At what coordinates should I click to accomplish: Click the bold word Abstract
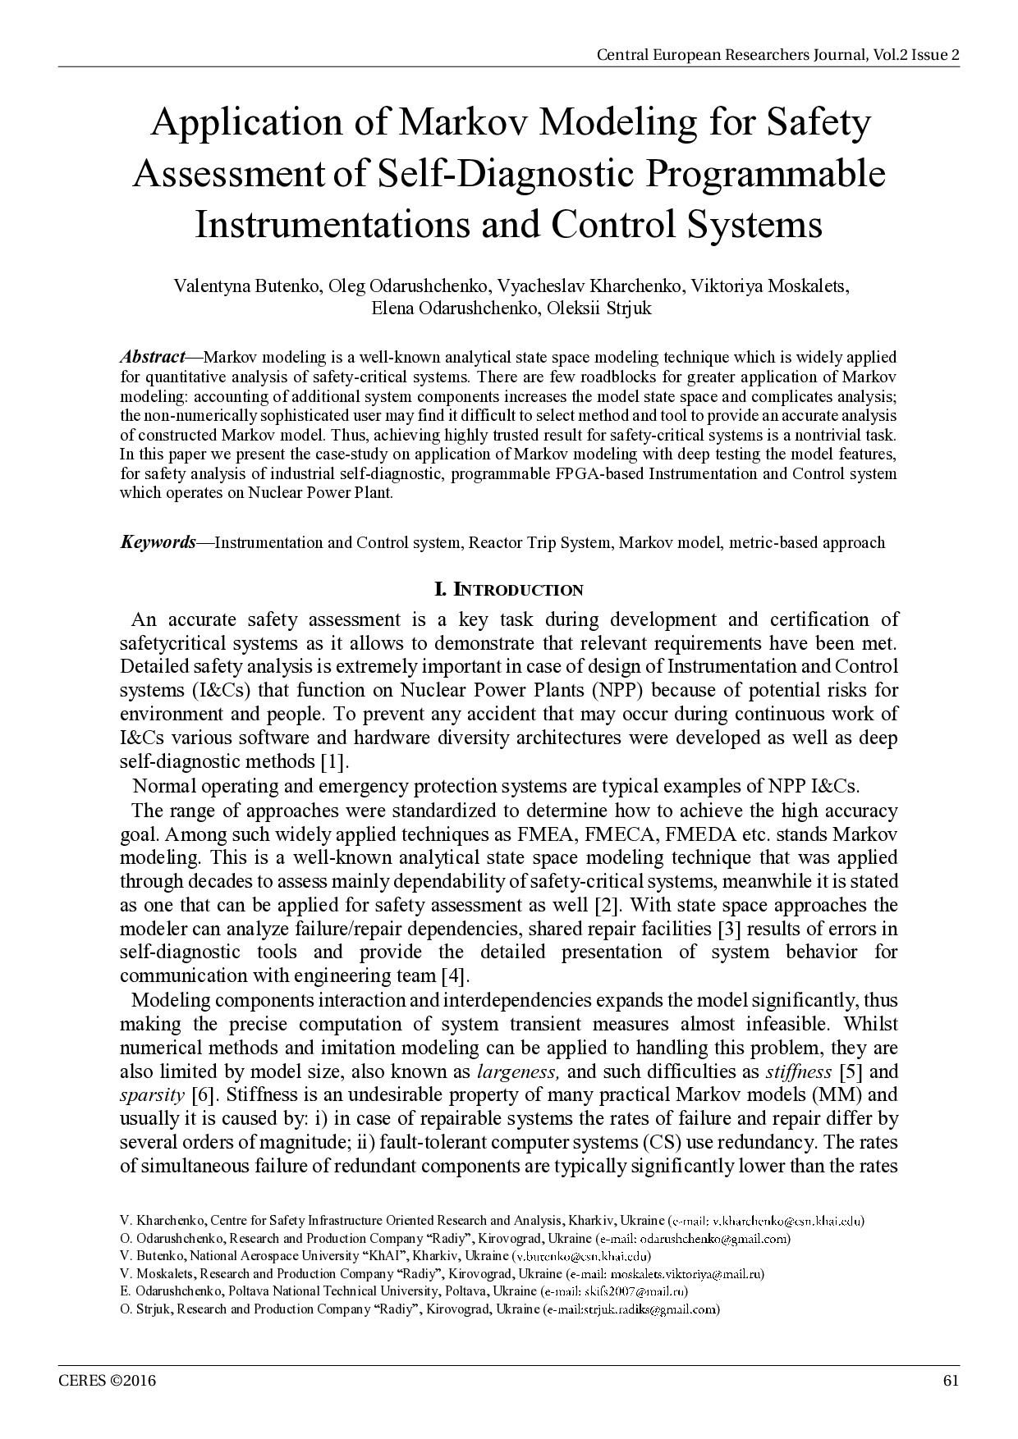[x=153, y=357]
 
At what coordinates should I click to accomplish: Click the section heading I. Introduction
[x=508, y=590]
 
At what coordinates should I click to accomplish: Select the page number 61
[x=951, y=1380]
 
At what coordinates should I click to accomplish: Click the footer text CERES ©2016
[x=107, y=1380]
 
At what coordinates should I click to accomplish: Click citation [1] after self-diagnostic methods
[x=335, y=761]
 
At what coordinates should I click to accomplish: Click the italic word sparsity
[x=152, y=1095]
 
